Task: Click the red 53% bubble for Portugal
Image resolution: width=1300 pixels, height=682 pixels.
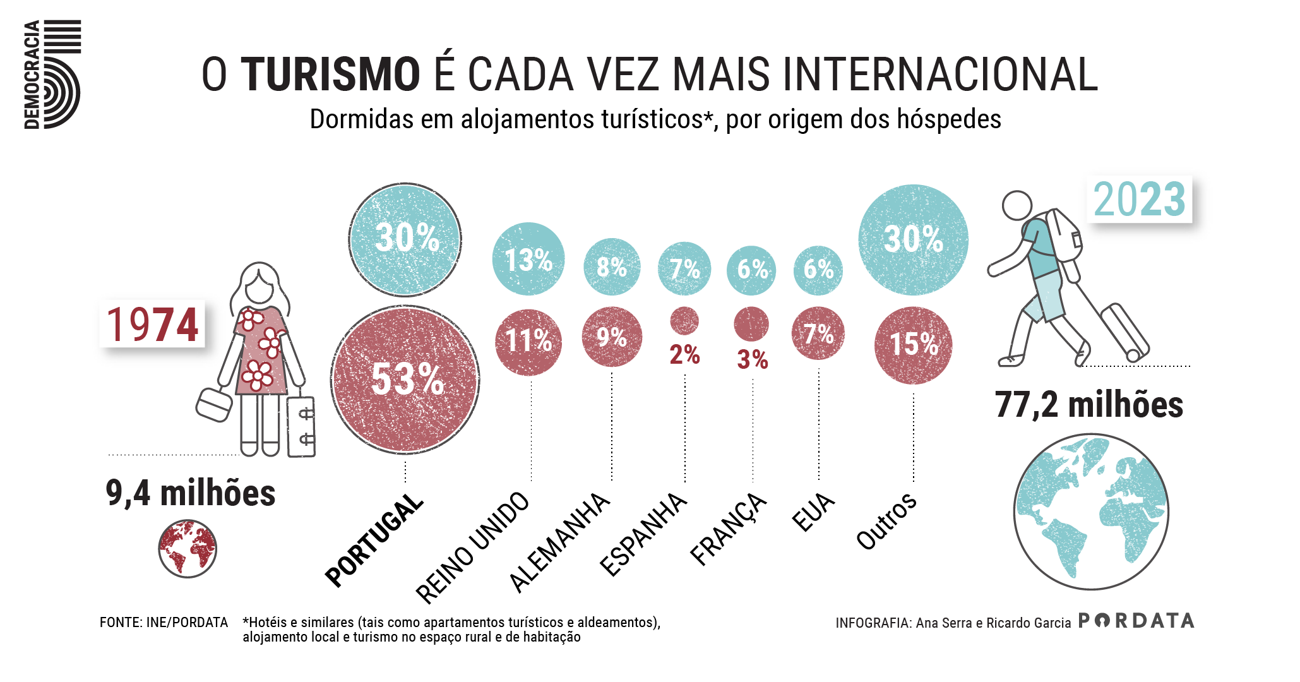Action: [405, 380]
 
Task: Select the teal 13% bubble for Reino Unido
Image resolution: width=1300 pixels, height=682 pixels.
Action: [528, 259]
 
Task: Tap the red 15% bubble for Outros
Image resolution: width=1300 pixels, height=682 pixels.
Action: [913, 345]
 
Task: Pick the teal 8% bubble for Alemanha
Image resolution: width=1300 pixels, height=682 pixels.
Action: [611, 266]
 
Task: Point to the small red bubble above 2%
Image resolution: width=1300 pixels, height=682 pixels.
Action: [684, 321]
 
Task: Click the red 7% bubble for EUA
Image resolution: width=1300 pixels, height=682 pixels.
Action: [818, 333]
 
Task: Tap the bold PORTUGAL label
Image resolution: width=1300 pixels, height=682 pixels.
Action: [374, 540]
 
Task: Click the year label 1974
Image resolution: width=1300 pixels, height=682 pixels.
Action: [152, 324]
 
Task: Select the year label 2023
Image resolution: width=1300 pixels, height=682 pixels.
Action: [1139, 199]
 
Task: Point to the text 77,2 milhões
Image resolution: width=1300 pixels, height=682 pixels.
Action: [1088, 405]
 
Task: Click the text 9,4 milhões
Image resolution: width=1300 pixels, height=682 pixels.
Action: [190, 493]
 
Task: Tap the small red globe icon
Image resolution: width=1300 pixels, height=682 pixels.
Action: [188, 549]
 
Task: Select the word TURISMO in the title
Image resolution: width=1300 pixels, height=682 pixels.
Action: [330, 75]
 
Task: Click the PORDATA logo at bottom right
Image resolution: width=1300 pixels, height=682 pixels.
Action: [1136, 621]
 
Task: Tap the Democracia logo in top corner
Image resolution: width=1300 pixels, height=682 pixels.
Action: [52, 75]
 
